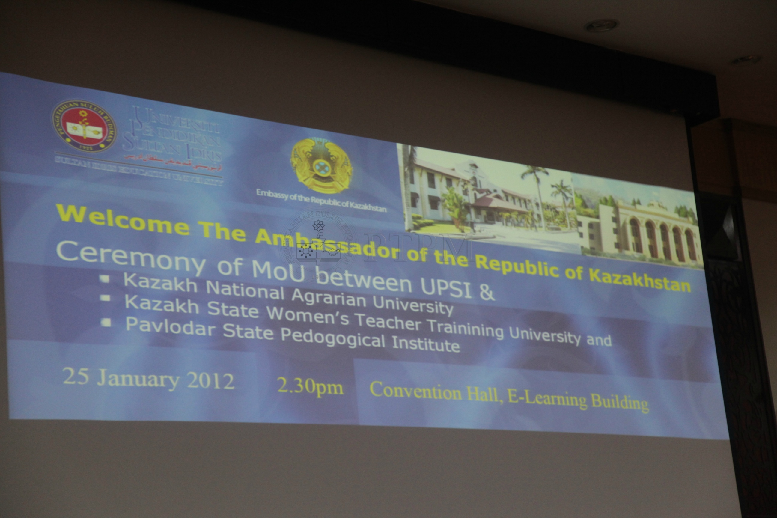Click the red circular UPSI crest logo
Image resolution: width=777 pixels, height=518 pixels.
click(84, 126)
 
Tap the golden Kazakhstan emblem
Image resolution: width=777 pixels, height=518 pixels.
click(321, 165)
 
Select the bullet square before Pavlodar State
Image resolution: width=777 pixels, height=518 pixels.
click(106, 322)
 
